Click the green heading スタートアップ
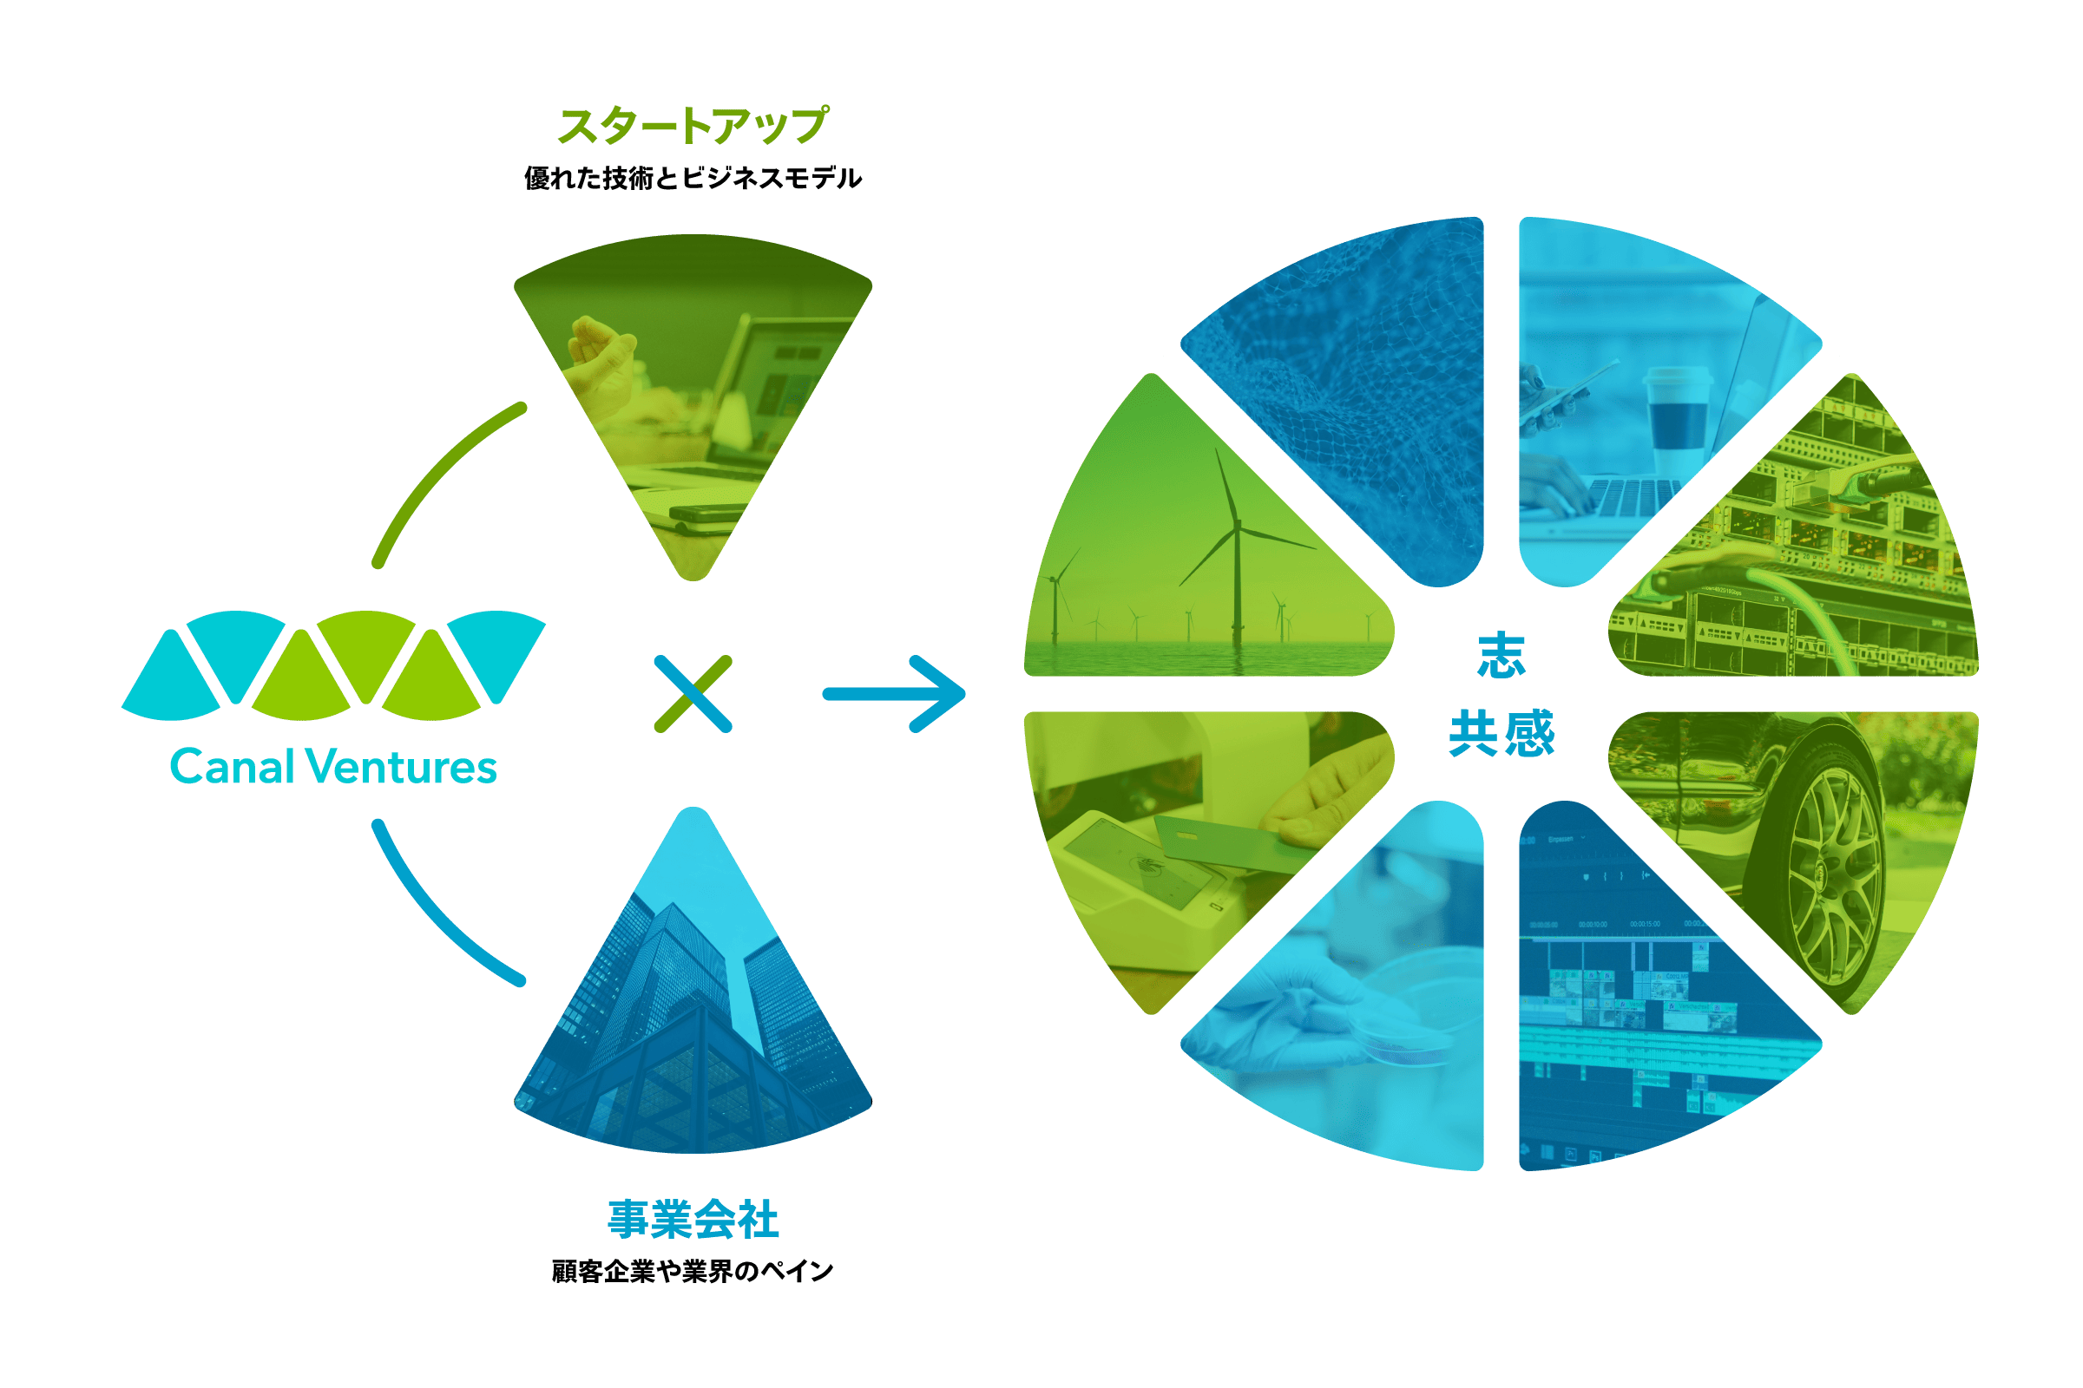(693, 126)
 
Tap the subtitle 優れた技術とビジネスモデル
(693, 178)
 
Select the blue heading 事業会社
(693, 1219)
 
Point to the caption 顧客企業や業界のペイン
(693, 1271)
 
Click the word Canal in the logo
(232, 767)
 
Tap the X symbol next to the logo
(693, 694)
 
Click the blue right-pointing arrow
(895, 694)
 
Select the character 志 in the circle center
(1501, 656)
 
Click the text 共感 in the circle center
(1501, 733)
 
